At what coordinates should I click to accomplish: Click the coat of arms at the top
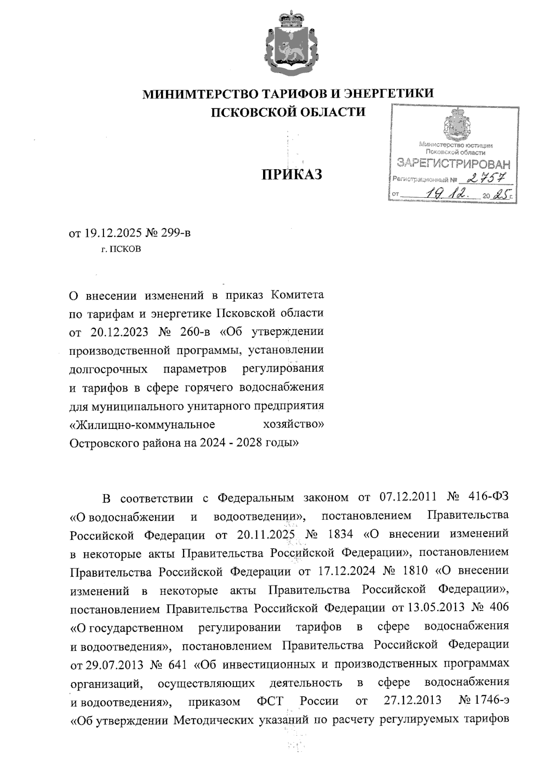point(287,43)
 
